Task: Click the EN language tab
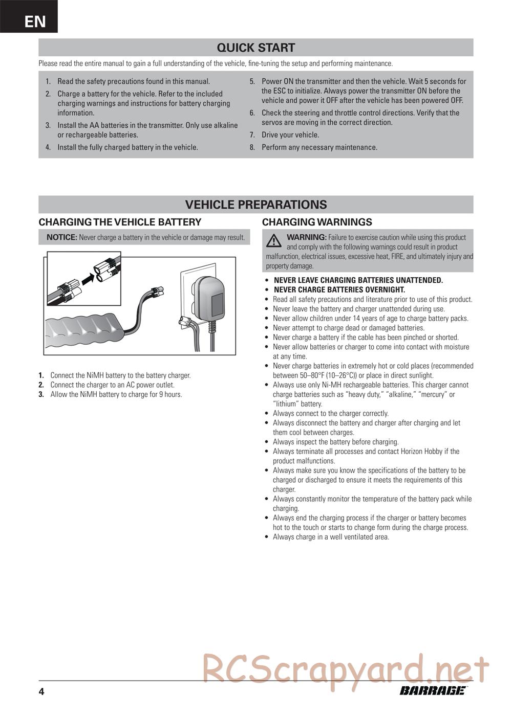[x=34, y=21]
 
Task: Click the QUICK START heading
[x=255, y=48]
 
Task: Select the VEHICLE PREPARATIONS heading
[x=255, y=205]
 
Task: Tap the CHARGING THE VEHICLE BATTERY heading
[x=120, y=222]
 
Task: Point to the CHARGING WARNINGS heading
[x=317, y=222]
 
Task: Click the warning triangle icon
[x=274, y=240]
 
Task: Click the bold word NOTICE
[x=62, y=237]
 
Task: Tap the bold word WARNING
[x=306, y=237]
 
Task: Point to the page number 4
[x=41, y=692]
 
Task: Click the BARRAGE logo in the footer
[x=433, y=691]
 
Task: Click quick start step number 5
[x=252, y=81]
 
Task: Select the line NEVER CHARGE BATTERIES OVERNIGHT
[x=339, y=290]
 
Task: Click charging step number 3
[x=41, y=394]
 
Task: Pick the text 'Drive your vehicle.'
[x=290, y=135]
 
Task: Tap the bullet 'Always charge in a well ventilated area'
[x=331, y=537]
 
